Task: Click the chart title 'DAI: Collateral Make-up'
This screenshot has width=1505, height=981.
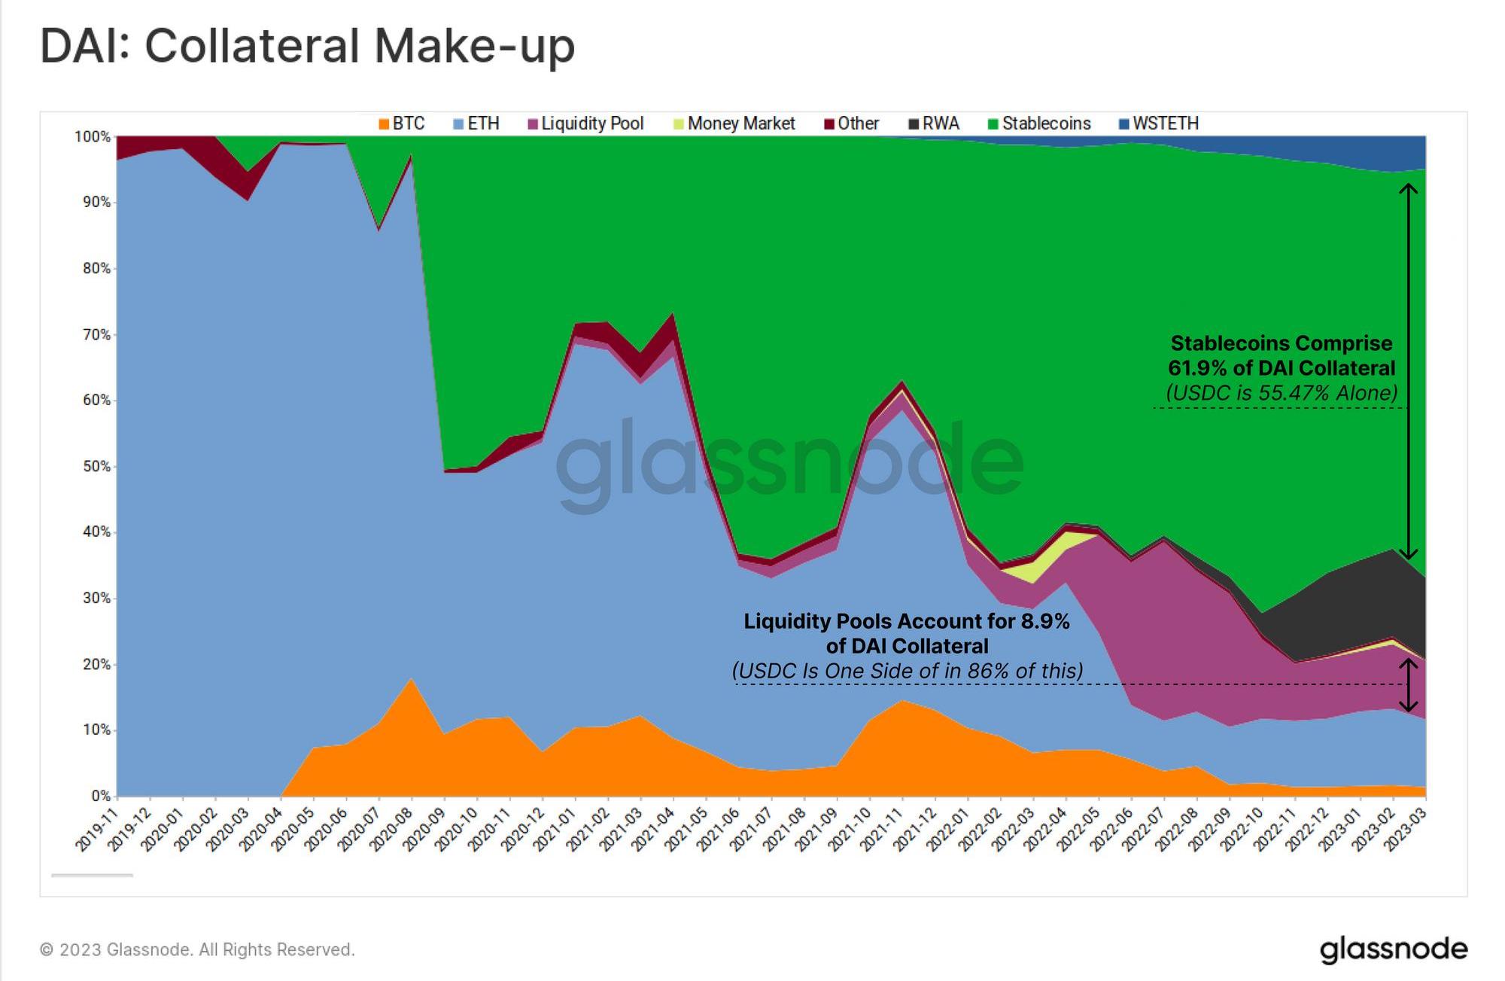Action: [x=307, y=45]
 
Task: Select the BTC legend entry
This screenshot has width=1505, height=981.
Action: [x=402, y=123]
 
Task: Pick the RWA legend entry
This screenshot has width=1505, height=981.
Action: [x=934, y=123]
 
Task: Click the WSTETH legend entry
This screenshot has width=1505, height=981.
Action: [x=1158, y=123]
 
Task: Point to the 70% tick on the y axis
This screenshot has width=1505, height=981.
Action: [x=96, y=334]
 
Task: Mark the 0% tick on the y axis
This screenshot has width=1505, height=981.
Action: [x=101, y=796]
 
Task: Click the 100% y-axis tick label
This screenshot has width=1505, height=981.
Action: [x=93, y=137]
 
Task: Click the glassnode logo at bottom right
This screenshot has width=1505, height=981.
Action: [x=1394, y=950]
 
